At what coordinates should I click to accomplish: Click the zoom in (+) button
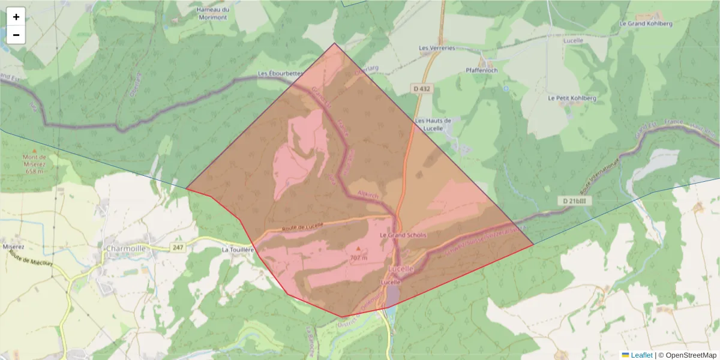(16, 17)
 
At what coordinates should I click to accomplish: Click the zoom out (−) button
(16, 35)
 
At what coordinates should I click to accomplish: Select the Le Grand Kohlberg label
(645, 23)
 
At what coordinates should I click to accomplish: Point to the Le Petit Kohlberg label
(572, 98)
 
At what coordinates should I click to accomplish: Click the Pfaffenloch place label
(481, 70)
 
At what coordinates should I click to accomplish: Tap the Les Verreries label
(437, 48)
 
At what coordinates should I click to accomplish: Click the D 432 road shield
(422, 88)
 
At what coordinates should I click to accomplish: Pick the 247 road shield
(178, 247)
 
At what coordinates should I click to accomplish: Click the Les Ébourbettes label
(280, 74)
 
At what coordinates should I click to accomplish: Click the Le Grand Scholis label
(403, 235)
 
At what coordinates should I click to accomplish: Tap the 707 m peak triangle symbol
(359, 248)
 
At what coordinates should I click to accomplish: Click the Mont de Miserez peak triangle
(34, 151)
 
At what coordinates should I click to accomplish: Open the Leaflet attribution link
(641, 355)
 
